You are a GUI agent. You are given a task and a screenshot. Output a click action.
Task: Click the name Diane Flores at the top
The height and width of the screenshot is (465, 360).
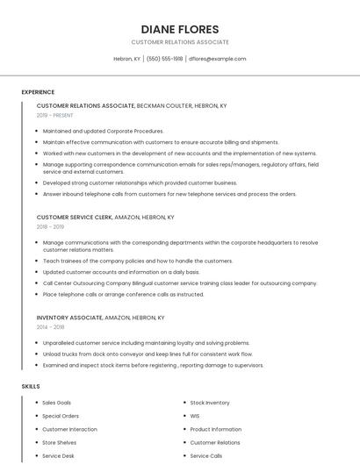click(x=180, y=29)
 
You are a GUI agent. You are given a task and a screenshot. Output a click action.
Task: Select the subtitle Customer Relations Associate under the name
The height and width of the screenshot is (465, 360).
click(x=180, y=42)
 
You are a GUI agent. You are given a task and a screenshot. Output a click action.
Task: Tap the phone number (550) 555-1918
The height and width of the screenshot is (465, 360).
click(x=164, y=59)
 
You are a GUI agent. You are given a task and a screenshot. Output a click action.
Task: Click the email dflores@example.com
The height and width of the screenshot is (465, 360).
click(x=218, y=59)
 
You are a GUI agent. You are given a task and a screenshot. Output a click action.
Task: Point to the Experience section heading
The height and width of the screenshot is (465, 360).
click(x=38, y=92)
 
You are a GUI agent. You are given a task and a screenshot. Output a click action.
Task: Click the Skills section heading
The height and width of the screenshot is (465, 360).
click(x=31, y=386)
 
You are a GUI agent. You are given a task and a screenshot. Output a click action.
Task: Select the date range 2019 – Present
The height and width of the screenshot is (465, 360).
click(x=55, y=115)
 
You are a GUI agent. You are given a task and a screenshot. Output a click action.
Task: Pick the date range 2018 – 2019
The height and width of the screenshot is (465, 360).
click(x=50, y=226)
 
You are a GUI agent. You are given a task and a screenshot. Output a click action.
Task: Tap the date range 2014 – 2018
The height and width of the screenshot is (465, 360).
click(x=50, y=327)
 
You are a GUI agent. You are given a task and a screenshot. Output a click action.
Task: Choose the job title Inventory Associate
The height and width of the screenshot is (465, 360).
click(x=69, y=318)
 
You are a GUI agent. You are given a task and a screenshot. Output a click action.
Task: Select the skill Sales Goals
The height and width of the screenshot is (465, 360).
click(x=57, y=403)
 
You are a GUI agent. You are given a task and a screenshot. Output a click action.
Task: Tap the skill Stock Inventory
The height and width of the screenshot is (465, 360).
click(x=210, y=403)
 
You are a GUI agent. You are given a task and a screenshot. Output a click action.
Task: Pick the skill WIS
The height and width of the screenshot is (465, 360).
click(x=195, y=416)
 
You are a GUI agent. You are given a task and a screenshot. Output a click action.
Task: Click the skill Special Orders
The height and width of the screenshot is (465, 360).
click(x=61, y=416)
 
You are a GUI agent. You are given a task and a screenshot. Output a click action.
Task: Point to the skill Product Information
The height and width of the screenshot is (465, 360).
click(x=215, y=429)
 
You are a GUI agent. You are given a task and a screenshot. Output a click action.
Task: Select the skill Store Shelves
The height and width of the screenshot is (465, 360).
click(x=60, y=443)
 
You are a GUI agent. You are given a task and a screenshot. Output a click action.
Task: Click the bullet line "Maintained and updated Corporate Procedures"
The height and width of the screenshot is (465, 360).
click(x=103, y=131)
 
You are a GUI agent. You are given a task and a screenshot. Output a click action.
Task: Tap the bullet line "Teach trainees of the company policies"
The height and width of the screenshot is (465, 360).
click(x=137, y=261)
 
